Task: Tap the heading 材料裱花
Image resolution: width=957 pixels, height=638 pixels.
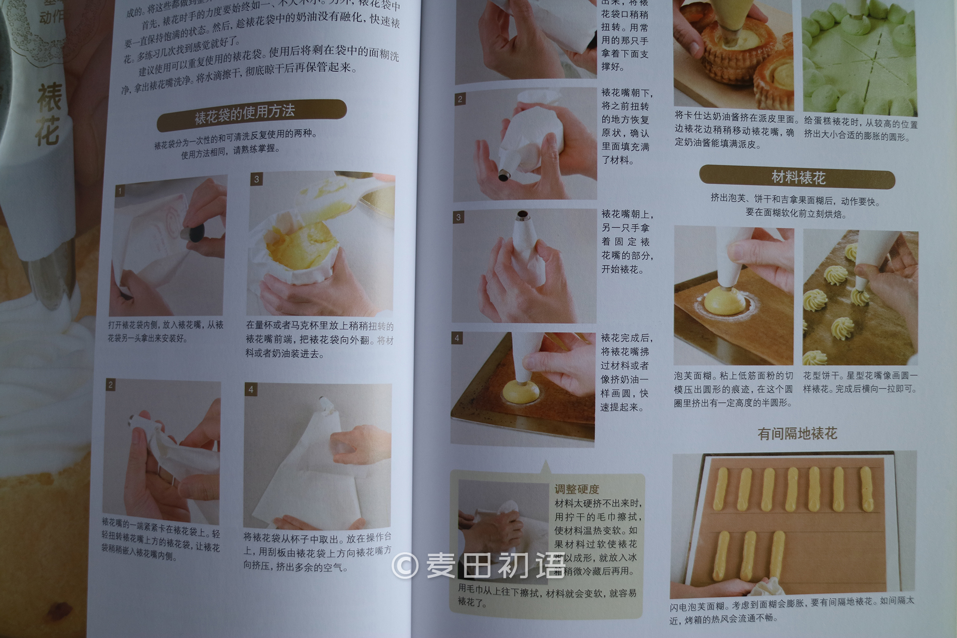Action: point(797,177)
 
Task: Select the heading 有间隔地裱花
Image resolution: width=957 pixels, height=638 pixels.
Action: point(797,434)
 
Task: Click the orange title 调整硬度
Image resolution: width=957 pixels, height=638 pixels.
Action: point(577,489)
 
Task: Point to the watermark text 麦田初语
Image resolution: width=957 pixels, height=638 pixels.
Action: point(496,566)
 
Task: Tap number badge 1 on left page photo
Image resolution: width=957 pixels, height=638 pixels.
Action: point(120,191)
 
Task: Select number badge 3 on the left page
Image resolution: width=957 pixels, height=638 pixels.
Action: point(256,179)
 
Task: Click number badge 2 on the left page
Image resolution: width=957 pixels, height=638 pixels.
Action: point(111,384)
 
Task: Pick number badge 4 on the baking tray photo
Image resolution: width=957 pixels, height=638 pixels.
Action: point(457,338)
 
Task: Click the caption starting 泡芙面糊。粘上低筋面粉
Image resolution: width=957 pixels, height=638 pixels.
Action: point(733,389)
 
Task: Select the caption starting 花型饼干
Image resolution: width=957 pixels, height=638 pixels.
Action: point(860,382)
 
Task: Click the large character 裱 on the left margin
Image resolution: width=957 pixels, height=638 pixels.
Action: point(50,98)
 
